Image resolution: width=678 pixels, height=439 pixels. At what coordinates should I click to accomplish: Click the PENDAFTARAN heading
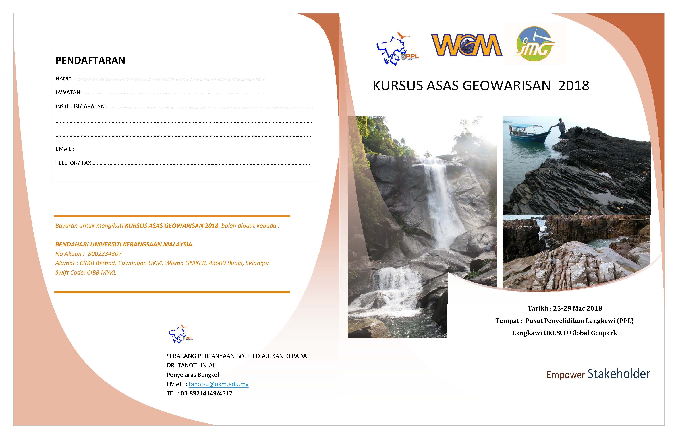click(x=90, y=60)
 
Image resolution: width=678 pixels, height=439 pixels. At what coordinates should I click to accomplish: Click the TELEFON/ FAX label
click(x=74, y=163)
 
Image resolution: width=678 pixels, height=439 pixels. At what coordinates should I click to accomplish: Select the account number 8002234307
click(x=105, y=254)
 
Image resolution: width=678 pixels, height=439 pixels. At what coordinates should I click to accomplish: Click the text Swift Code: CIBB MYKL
click(x=86, y=273)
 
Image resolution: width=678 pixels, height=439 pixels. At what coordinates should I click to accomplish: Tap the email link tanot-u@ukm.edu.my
click(x=219, y=384)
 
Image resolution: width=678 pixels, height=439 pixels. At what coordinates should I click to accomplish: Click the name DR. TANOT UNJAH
click(x=191, y=365)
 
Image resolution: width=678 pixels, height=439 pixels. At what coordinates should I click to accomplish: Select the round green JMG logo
click(x=534, y=44)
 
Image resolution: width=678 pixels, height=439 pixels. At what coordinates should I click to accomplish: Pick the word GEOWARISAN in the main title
click(x=506, y=86)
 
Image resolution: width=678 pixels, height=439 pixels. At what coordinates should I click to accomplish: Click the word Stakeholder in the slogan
click(x=619, y=374)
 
